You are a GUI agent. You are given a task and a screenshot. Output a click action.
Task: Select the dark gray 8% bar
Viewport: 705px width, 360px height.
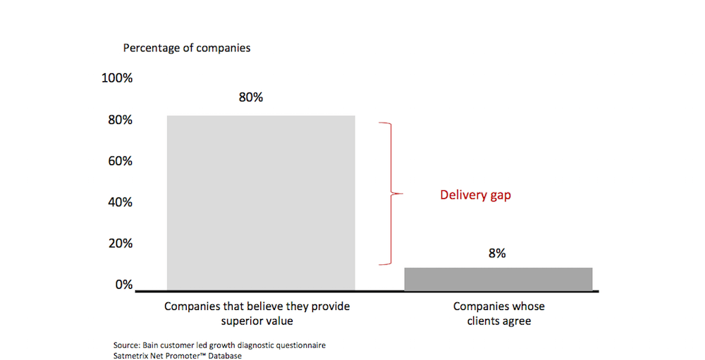coord(498,279)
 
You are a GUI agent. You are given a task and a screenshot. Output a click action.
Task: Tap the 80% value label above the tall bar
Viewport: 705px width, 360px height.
coord(251,97)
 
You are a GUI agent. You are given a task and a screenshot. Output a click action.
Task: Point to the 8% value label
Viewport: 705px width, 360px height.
coord(497,253)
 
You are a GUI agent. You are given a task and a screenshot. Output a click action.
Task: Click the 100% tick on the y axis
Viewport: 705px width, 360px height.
coord(117,78)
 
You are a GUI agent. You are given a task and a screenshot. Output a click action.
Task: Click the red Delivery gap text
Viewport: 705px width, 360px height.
coord(475,195)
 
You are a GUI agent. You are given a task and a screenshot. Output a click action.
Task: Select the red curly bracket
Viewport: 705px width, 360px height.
coord(389,194)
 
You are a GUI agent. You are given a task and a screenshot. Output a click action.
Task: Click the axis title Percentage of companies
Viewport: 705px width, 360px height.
coord(187,49)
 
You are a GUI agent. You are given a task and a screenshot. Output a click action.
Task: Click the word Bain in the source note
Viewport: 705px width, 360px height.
coord(152,346)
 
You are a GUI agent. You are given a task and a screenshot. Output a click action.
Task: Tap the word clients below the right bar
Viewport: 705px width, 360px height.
coord(482,321)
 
